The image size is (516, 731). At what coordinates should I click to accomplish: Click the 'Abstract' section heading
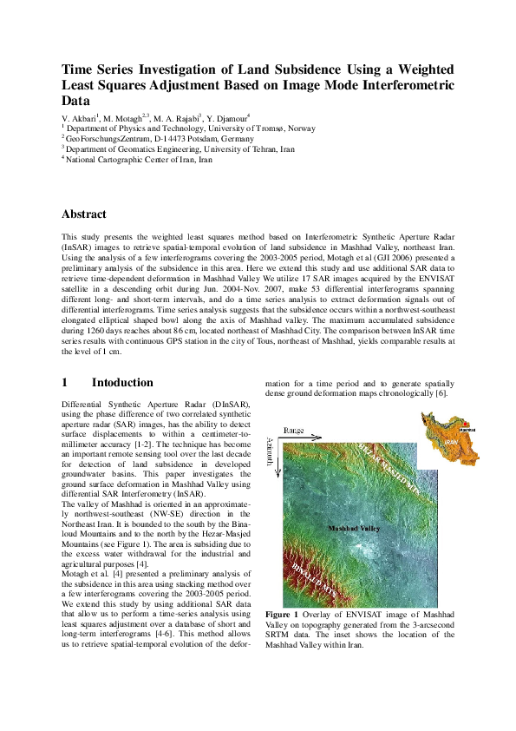click(83, 214)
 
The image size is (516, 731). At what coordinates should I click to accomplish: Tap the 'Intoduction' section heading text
click(122, 383)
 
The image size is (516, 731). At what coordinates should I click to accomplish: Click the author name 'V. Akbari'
click(79, 117)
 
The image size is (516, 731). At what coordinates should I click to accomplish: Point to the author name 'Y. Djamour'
click(229, 117)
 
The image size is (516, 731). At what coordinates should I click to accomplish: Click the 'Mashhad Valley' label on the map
click(354, 528)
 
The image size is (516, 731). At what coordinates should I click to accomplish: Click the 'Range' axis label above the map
click(294, 431)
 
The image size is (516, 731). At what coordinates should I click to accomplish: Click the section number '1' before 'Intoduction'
click(65, 383)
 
